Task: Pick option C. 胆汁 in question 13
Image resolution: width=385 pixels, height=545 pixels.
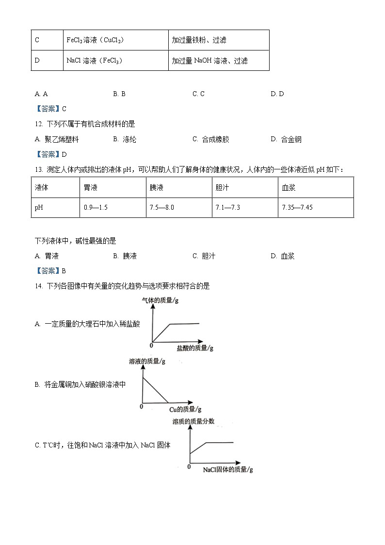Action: [x=204, y=256]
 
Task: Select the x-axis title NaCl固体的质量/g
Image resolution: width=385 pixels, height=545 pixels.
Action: [x=228, y=469]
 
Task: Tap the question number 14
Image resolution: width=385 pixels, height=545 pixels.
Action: [x=39, y=286]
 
